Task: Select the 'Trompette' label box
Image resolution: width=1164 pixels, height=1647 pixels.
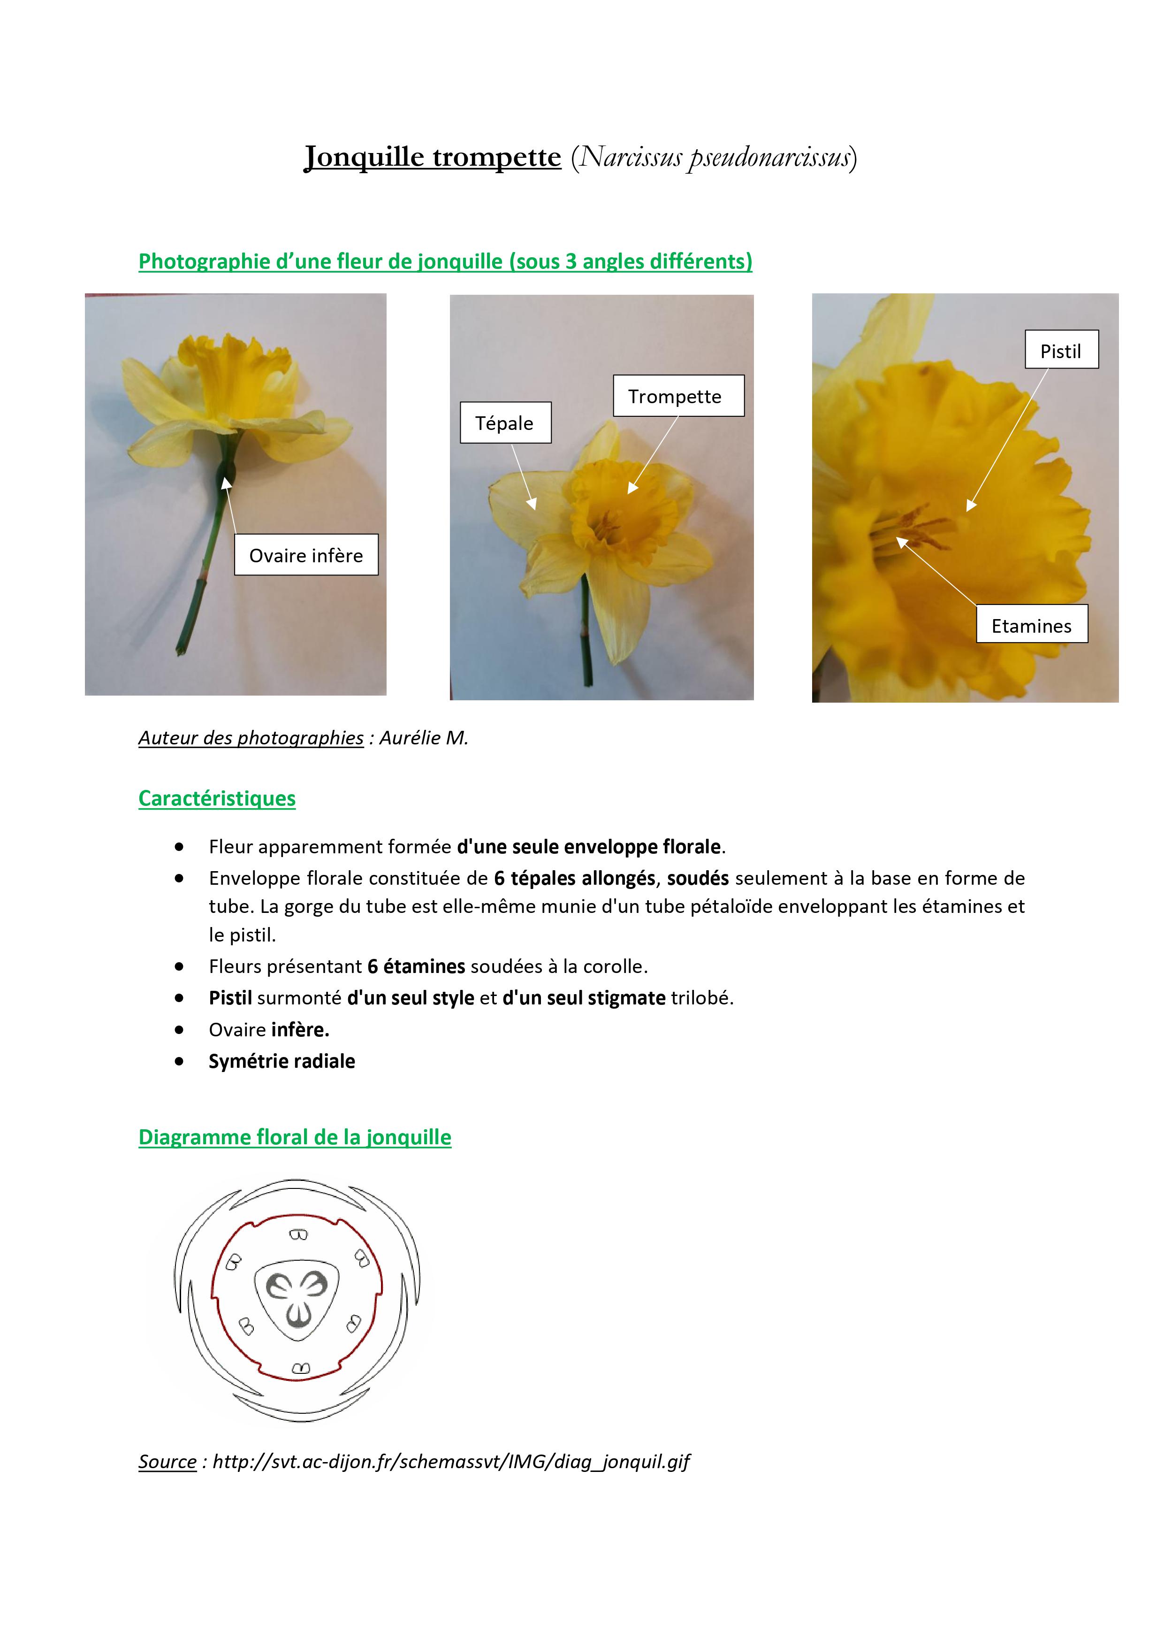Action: coord(678,396)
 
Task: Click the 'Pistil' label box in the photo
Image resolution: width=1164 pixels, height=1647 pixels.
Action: coord(1061,350)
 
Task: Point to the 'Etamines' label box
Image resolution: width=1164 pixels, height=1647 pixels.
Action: coord(1031,625)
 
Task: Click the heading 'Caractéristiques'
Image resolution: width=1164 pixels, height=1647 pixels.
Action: coord(217,798)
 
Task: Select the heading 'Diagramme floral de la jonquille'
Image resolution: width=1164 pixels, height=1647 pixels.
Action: coord(295,1137)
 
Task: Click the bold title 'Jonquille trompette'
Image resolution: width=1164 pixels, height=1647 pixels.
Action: coord(433,156)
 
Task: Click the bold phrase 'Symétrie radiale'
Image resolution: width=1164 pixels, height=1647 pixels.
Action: coord(282,1061)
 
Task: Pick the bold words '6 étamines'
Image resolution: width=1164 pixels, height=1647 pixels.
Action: coord(416,966)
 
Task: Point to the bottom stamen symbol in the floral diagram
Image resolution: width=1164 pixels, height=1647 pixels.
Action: coord(301,1368)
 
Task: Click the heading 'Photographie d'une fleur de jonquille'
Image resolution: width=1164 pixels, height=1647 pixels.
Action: coord(445,261)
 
